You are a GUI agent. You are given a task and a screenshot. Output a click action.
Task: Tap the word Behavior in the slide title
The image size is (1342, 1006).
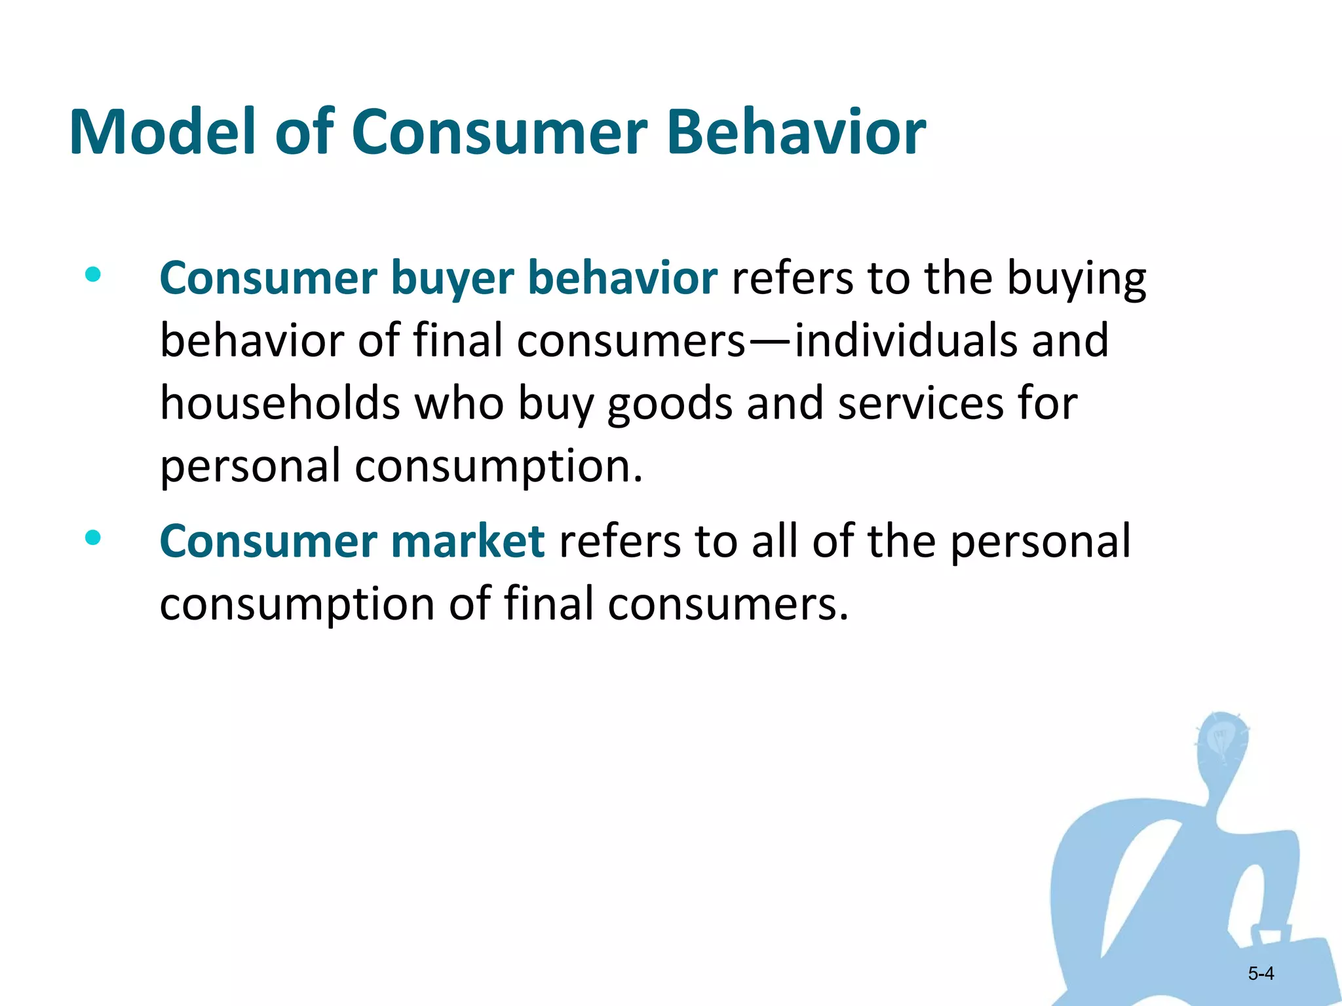pos(796,132)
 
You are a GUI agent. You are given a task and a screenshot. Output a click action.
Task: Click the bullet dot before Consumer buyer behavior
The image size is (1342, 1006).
pos(93,274)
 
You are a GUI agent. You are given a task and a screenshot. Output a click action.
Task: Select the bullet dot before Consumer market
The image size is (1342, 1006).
pos(93,538)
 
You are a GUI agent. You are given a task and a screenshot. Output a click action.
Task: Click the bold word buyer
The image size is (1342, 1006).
pos(452,279)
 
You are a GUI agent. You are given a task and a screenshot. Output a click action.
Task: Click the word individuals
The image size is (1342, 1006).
pos(906,341)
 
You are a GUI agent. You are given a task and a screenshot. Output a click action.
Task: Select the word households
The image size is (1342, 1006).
pos(280,403)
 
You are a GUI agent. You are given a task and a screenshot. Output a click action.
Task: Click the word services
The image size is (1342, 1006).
pos(921,403)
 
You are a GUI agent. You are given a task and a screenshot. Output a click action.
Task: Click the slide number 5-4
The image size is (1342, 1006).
pos(1261,974)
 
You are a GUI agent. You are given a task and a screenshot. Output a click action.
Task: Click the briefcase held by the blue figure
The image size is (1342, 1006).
pos(1284,963)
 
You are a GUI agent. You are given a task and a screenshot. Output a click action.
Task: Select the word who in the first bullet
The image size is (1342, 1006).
pos(459,403)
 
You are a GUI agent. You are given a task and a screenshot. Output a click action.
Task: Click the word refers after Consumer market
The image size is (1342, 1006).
pos(619,542)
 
